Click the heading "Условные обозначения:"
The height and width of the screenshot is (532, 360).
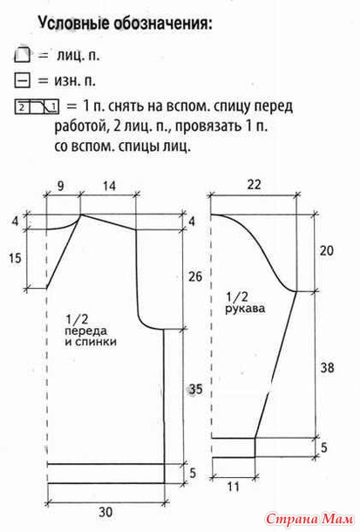click(x=125, y=24)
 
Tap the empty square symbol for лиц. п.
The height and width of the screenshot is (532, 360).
click(x=23, y=55)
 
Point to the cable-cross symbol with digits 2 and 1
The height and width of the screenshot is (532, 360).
click(x=37, y=107)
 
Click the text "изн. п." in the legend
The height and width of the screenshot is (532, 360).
click(x=75, y=81)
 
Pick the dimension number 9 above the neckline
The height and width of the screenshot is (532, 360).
click(x=60, y=186)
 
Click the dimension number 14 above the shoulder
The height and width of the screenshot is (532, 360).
click(x=109, y=186)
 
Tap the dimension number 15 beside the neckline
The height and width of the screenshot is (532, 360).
click(x=15, y=258)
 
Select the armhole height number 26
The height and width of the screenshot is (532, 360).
click(x=195, y=276)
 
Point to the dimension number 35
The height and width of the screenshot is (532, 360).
click(x=195, y=389)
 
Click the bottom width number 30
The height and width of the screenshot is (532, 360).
click(x=105, y=512)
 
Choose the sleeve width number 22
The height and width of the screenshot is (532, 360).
click(x=254, y=185)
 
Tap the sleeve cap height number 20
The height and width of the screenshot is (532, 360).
click(x=326, y=250)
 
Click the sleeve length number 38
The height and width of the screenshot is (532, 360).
click(x=327, y=367)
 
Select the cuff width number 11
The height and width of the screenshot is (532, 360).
click(x=234, y=487)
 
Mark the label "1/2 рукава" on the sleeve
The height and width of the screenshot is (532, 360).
click(x=245, y=303)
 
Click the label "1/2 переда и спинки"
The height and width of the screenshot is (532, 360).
click(x=91, y=331)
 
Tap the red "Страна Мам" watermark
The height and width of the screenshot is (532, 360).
click(x=309, y=519)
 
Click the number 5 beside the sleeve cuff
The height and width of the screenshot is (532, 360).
click(x=323, y=447)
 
